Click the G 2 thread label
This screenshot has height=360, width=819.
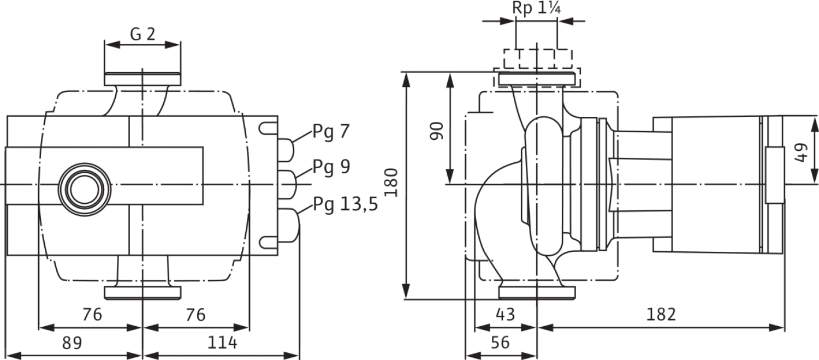click(x=143, y=34)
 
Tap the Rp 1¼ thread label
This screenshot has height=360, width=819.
click(x=536, y=8)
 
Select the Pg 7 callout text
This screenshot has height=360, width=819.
click(x=331, y=132)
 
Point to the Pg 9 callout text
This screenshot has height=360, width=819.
click(x=331, y=167)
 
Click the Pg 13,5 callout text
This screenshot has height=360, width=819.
click(x=345, y=204)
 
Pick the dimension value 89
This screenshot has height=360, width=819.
click(x=73, y=343)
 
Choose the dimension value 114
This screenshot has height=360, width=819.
click(x=222, y=343)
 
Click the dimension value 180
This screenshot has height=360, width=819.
click(x=391, y=182)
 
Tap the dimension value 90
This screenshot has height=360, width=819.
click(x=436, y=131)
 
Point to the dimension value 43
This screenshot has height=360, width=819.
click(x=506, y=314)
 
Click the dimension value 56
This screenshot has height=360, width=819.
click(x=500, y=343)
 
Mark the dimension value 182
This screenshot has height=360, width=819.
click(x=661, y=314)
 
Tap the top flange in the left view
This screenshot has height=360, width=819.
click(x=142, y=79)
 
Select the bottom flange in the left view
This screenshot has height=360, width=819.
click(x=143, y=293)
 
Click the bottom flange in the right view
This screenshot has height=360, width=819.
click(x=537, y=292)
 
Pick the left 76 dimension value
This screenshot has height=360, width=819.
click(x=92, y=314)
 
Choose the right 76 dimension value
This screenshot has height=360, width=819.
click(x=195, y=314)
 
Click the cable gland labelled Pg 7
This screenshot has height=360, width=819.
click(x=286, y=150)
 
